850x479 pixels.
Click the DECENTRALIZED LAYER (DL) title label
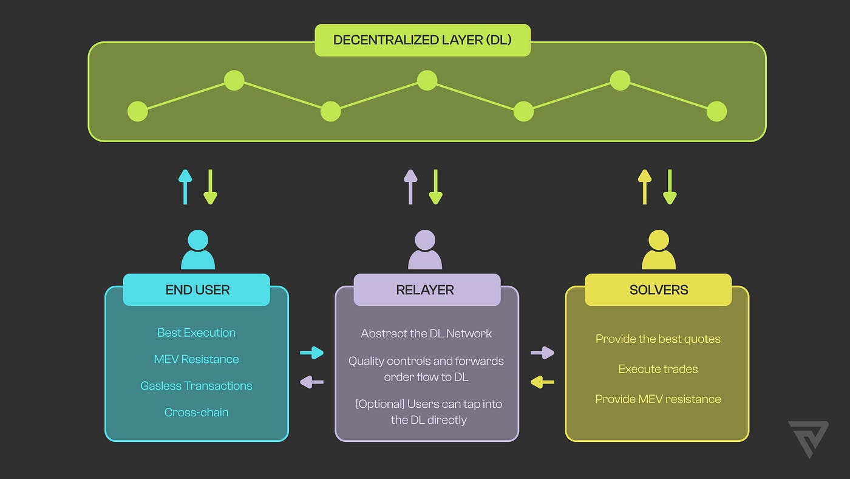tap(423, 40)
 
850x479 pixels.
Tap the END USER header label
tap(197, 290)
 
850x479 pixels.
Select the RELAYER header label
tap(425, 290)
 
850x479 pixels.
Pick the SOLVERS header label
tap(659, 290)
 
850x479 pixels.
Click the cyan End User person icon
tap(198, 250)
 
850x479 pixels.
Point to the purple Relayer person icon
tap(425, 250)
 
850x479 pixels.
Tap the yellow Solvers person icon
tap(659, 250)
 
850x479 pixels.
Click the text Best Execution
tap(196, 333)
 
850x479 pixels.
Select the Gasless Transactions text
tap(196, 385)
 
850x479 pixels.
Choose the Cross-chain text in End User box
tap(196, 412)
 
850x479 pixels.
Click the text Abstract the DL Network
tap(426, 333)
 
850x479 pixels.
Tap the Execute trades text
tap(658, 369)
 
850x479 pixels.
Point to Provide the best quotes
tap(658, 339)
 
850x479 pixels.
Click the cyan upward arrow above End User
tap(185, 187)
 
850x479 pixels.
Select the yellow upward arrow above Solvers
tap(645, 187)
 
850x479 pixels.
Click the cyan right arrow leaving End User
tap(312, 353)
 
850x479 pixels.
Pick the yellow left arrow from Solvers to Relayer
tap(542, 382)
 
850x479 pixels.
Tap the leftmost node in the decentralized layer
tap(138, 111)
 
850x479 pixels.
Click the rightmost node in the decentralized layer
tap(716, 111)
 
